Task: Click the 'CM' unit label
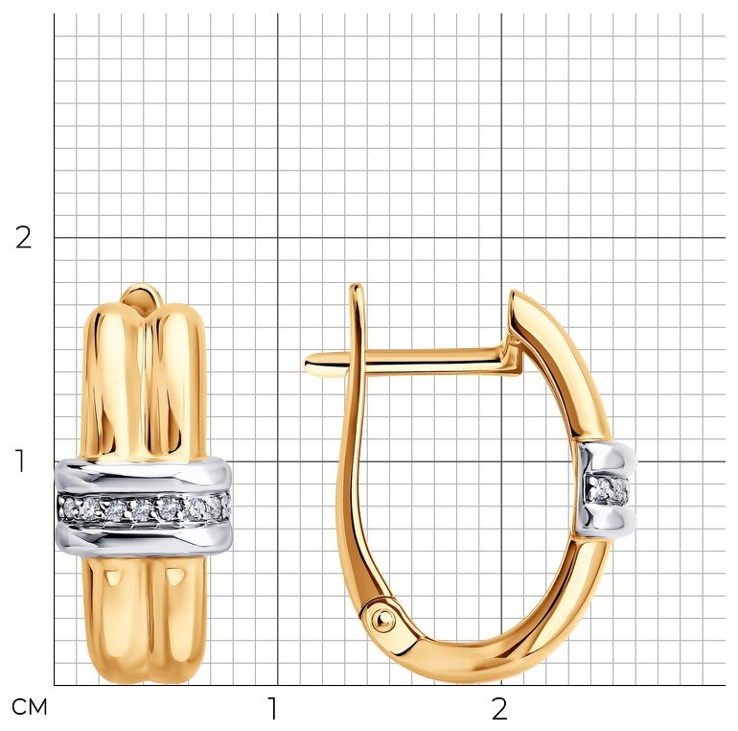coord(29,707)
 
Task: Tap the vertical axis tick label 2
coord(24,237)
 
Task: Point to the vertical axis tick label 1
coord(20,461)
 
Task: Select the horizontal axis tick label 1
coord(272,708)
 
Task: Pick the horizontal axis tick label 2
coord(499,708)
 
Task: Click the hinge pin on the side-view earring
coord(381,616)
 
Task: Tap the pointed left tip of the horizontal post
coord(306,364)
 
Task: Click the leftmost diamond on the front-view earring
coord(70,507)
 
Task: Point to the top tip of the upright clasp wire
coord(357,286)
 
